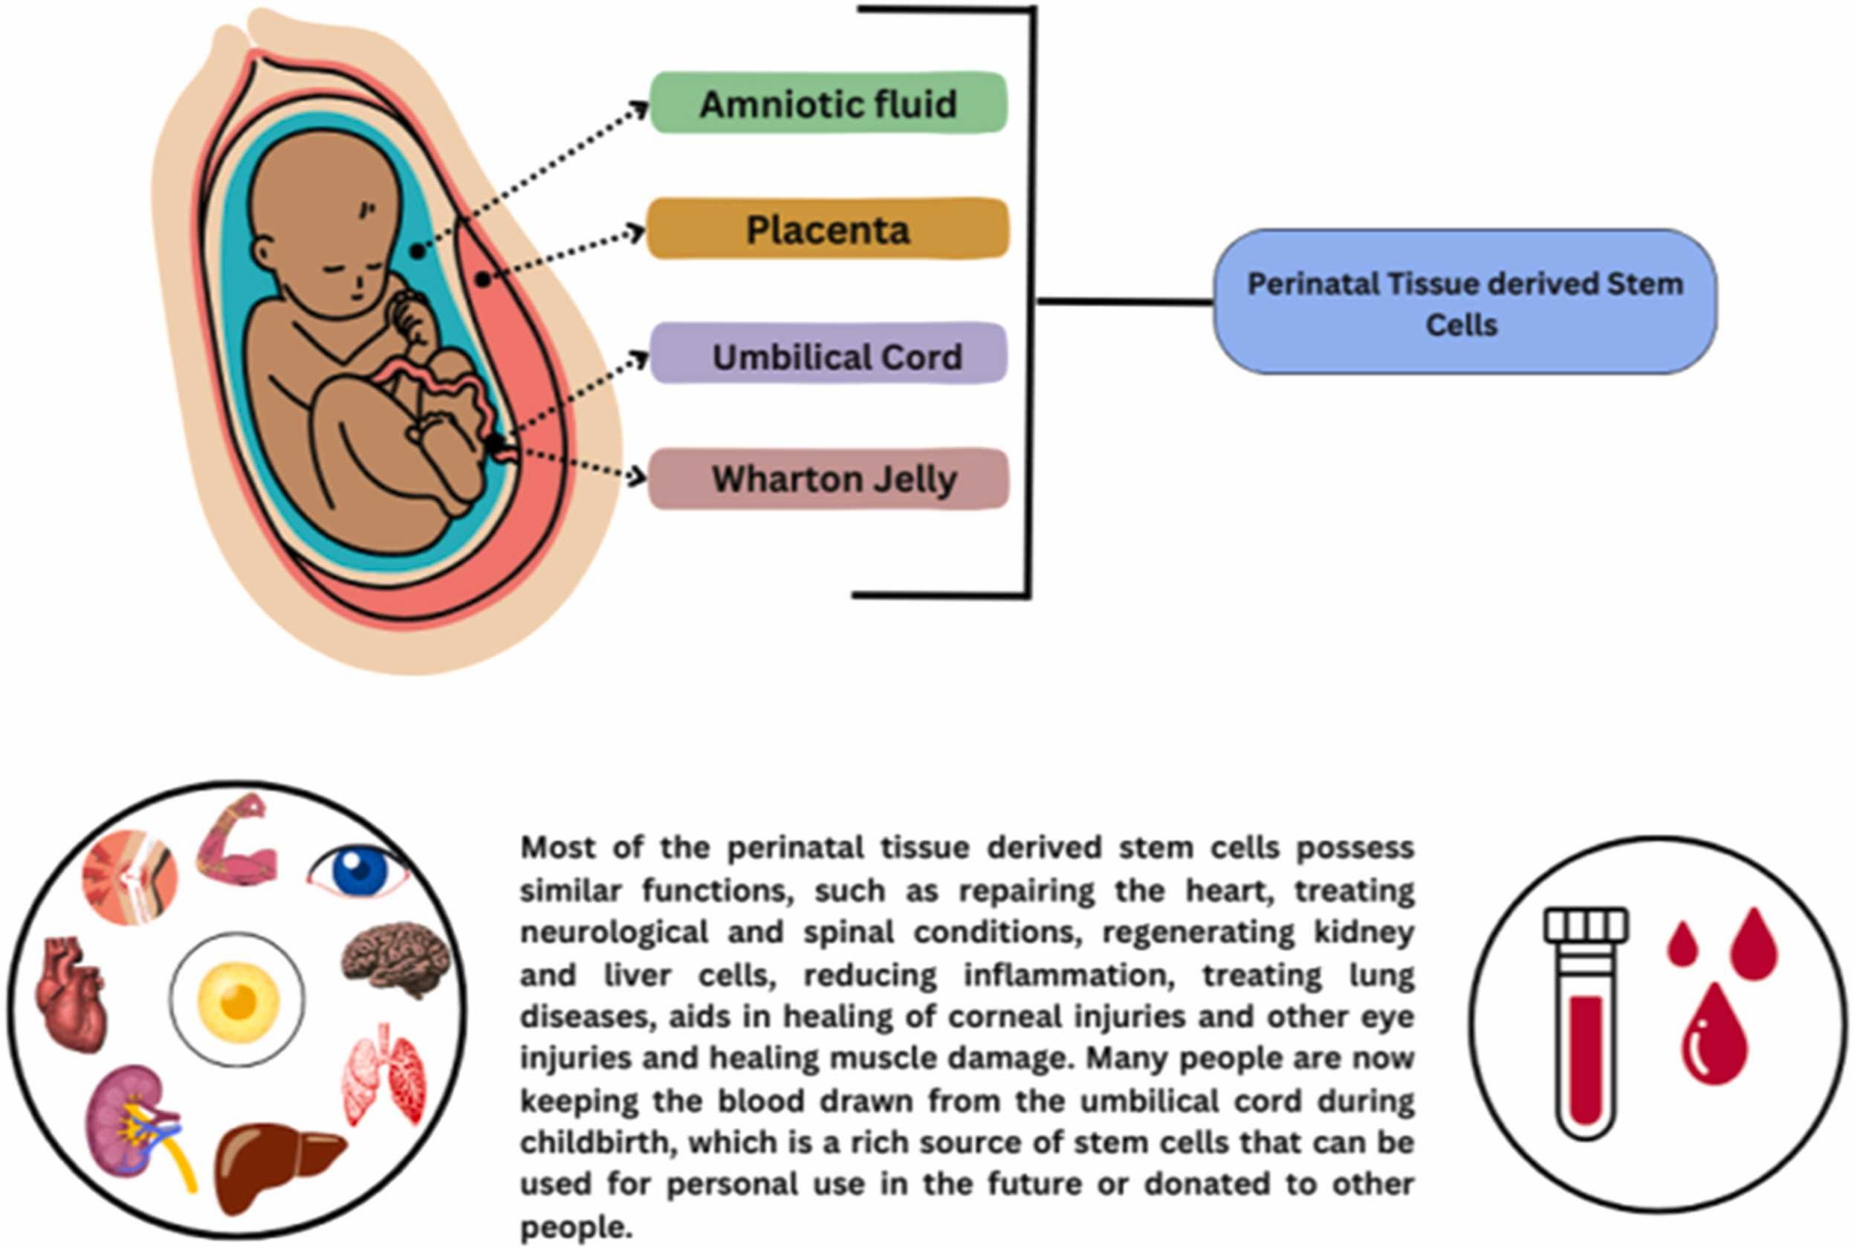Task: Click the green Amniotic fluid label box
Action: click(828, 103)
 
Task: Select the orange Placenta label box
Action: click(827, 230)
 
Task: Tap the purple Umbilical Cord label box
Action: click(828, 354)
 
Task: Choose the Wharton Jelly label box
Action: click(828, 479)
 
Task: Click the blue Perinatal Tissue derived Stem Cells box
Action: click(1464, 302)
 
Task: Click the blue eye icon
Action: click(359, 871)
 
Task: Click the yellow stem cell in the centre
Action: click(238, 1000)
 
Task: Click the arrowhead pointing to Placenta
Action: click(638, 232)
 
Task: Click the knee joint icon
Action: click(130, 877)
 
